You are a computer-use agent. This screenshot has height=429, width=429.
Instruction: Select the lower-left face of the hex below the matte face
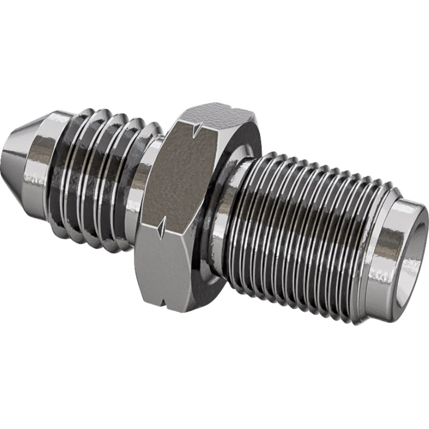(x=156, y=268)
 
